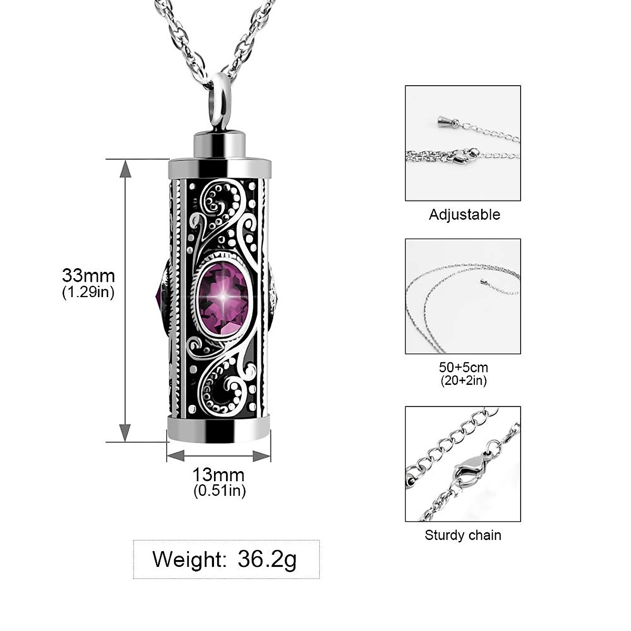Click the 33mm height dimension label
click(88, 275)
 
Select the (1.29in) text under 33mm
click(88, 292)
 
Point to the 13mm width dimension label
click(218, 475)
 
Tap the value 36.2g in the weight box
click(267, 559)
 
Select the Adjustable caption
click(464, 215)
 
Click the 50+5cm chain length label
click(463, 367)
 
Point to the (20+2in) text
click(463, 380)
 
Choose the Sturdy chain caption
click(463, 535)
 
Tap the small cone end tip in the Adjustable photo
click(442, 123)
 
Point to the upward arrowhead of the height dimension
click(125, 167)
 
